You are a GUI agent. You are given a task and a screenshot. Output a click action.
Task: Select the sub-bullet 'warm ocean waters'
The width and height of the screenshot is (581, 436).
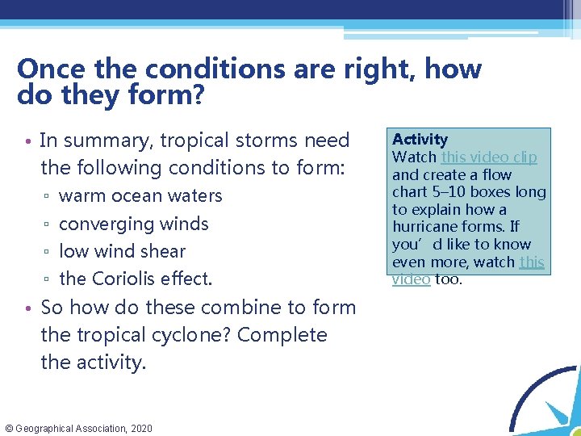click(x=140, y=196)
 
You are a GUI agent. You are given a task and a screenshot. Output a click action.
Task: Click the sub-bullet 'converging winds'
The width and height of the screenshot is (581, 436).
click(x=134, y=224)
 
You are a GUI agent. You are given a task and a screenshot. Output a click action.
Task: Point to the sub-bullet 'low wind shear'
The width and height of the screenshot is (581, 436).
click(x=122, y=251)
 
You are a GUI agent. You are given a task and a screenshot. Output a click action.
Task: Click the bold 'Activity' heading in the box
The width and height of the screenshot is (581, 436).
click(x=420, y=140)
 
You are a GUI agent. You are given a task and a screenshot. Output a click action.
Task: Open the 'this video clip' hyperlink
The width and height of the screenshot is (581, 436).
click(x=488, y=157)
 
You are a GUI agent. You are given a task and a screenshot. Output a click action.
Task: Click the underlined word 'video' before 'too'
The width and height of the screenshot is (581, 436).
click(x=411, y=279)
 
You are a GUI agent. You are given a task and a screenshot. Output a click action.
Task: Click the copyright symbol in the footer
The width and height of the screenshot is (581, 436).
click(x=9, y=428)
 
